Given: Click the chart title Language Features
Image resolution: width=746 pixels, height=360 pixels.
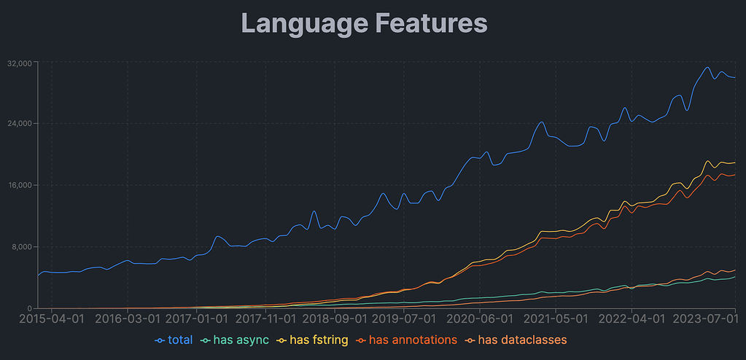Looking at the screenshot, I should (364, 23).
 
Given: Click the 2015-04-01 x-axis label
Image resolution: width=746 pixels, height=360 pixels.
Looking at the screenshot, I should (50, 318).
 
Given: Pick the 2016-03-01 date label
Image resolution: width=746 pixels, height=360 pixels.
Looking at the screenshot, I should (128, 318).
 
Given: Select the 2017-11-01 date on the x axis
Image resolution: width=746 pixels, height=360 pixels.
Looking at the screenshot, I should (265, 318).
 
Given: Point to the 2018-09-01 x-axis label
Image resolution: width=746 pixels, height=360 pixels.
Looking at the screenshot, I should (335, 318).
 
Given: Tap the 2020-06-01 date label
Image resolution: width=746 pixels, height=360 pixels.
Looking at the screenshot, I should (480, 318).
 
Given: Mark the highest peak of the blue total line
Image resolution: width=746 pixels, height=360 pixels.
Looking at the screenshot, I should (707, 68).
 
